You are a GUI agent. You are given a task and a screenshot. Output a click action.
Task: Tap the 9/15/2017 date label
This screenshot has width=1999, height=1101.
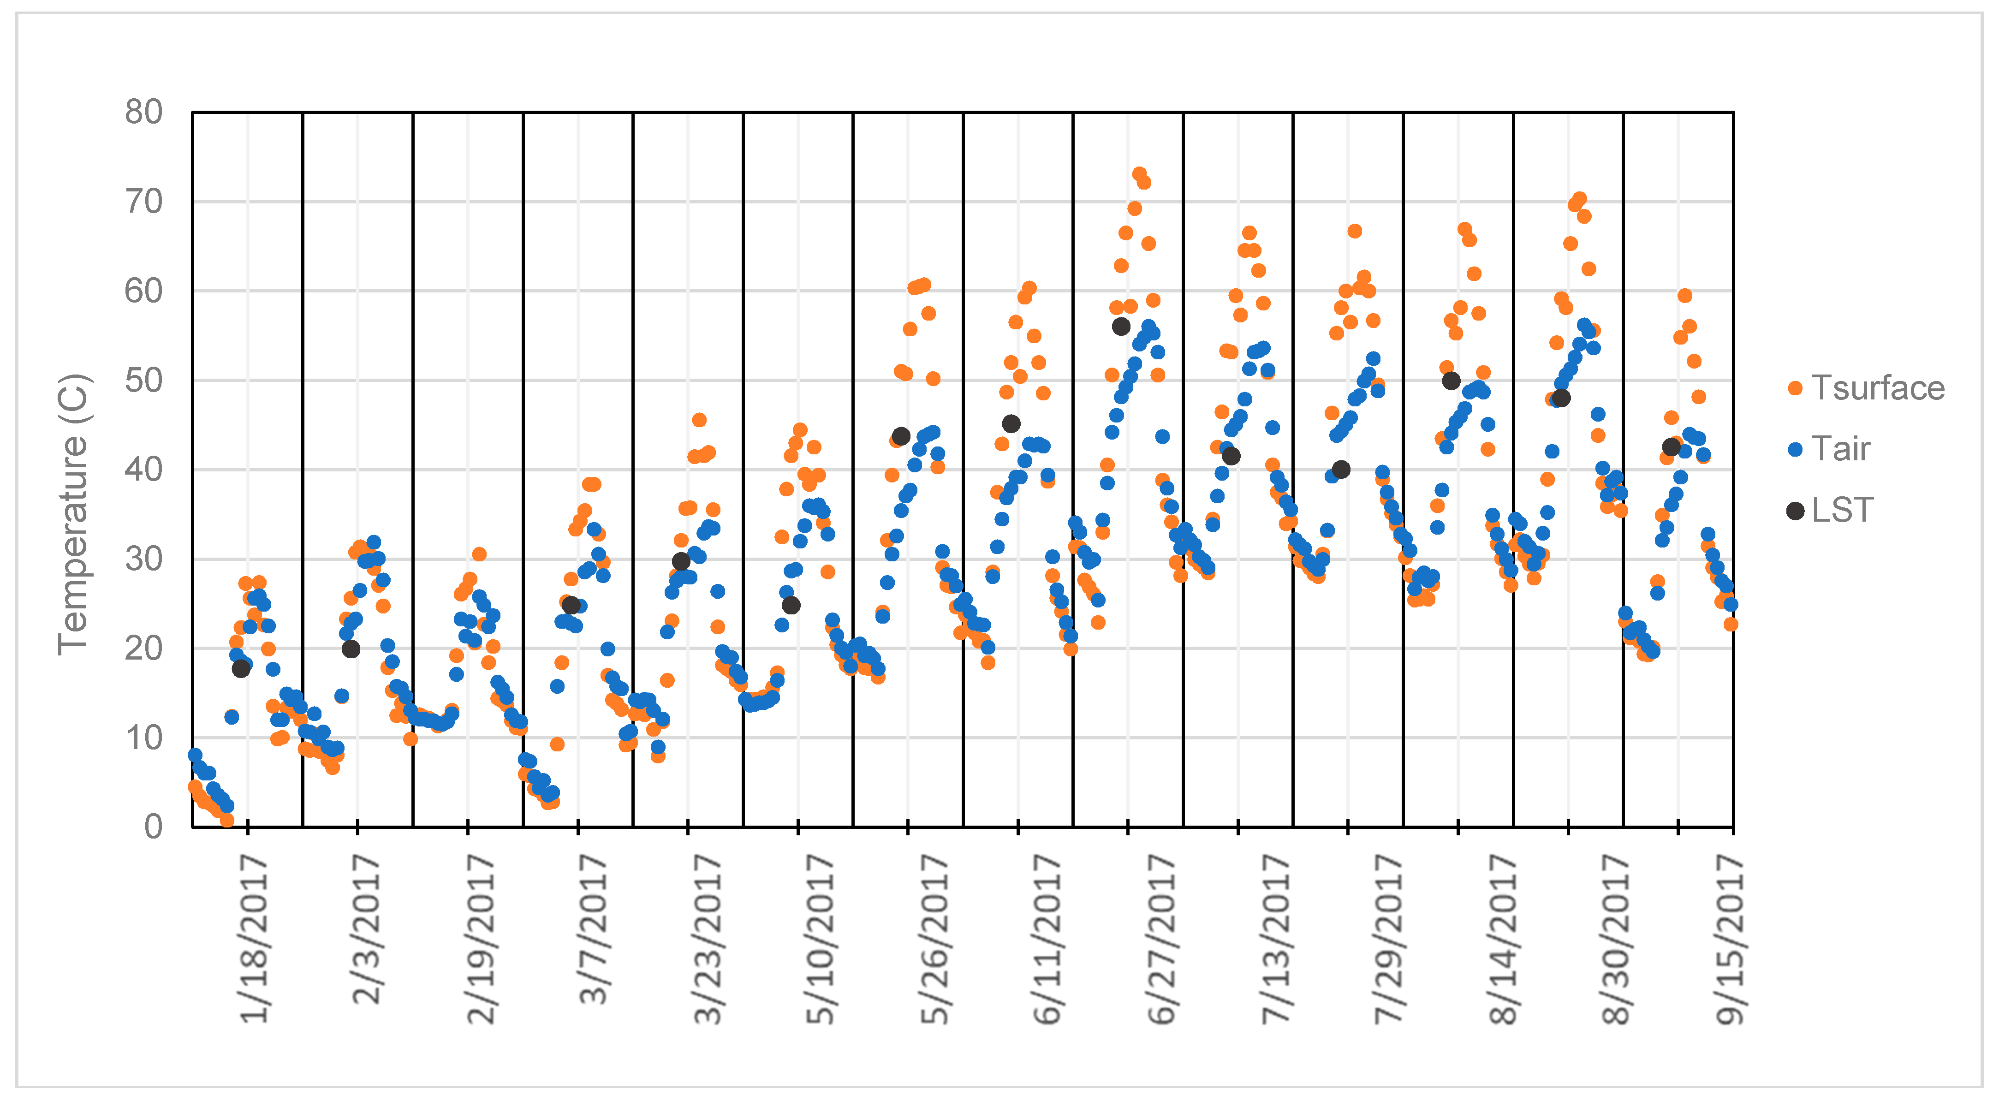(x=1731, y=938)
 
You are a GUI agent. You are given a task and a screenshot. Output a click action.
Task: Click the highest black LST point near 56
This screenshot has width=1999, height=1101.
(x=1120, y=327)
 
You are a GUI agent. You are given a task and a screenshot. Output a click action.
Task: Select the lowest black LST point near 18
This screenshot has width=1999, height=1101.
(x=241, y=668)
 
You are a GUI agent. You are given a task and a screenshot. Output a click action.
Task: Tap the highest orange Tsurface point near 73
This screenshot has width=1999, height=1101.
(x=1139, y=174)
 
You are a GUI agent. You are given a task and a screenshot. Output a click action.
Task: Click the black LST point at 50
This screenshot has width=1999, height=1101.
(x=1451, y=381)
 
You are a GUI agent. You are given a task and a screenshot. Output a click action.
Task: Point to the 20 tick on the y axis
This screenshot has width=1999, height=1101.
(x=143, y=649)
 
